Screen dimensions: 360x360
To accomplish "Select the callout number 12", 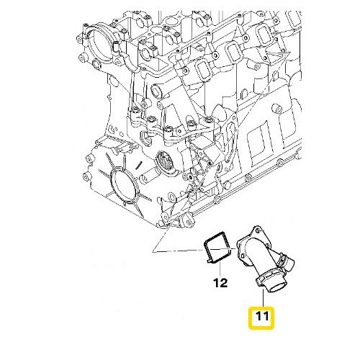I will point(220,283).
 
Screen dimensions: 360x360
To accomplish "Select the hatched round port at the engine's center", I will point(164,165).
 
